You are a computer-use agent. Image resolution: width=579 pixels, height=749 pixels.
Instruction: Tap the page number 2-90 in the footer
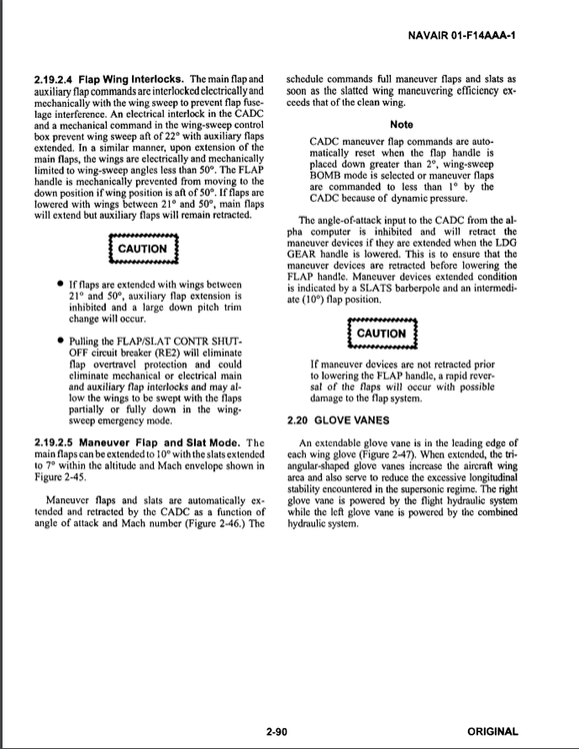277,732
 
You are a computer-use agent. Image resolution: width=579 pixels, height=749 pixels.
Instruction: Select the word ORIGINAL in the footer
492,732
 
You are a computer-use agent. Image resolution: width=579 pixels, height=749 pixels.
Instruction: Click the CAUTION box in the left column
142,249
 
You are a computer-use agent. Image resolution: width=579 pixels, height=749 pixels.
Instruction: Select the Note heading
401,124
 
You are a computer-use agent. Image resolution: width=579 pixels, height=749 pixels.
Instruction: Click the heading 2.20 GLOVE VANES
336,419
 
